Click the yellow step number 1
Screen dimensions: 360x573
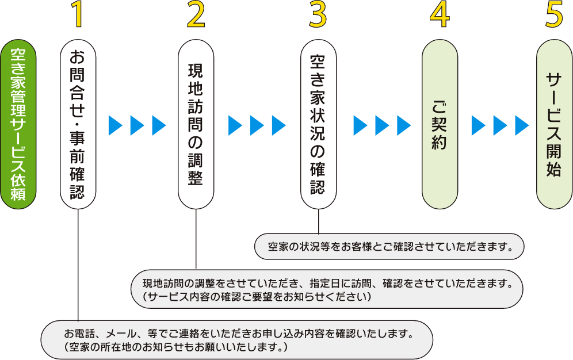78,17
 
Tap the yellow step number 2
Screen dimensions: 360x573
196,17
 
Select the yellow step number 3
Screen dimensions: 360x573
318,17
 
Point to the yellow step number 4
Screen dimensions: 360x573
440,17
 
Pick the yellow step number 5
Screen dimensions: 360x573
554,17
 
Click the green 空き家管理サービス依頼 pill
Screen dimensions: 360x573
18,124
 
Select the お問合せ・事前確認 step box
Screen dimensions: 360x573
78,124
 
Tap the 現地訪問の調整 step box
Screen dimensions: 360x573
196,124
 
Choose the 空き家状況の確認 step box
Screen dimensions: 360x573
318,124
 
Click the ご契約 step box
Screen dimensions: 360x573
440,124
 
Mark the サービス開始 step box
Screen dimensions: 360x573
554,124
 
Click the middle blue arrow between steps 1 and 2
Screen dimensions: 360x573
137,125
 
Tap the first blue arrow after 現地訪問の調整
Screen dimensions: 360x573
235,125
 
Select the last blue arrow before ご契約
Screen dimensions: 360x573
404,125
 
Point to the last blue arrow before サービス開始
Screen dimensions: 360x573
522,125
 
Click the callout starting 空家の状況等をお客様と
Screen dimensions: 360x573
389,247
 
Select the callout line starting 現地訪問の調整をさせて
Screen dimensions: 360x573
327,283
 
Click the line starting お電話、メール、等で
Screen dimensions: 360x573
239,334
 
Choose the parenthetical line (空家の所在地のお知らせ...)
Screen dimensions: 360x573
175,347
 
